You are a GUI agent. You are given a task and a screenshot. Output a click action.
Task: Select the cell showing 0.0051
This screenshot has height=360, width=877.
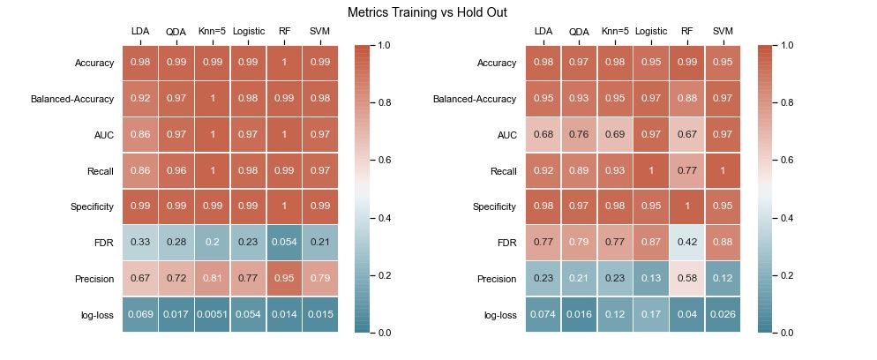tap(212, 315)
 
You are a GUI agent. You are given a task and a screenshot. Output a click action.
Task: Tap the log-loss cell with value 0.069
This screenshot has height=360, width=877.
tap(140, 315)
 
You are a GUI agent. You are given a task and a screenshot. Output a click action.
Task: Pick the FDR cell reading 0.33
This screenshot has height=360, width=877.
tap(140, 243)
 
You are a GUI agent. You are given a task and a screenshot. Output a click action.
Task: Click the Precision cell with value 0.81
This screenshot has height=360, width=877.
tap(212, 279)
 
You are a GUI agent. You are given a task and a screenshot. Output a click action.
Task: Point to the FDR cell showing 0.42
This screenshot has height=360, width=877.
tap(686, 243)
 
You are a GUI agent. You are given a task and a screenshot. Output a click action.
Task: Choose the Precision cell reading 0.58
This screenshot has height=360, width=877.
tap(686, 279)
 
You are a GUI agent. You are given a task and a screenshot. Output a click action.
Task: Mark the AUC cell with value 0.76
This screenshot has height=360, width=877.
tap(579, 135)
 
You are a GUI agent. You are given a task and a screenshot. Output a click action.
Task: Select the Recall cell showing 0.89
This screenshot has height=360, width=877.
tap(579, 171)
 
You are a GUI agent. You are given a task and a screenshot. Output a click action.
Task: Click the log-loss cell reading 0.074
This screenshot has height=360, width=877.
tap(543, 315)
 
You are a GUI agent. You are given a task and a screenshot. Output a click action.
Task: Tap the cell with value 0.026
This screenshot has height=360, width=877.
tap(723, 315)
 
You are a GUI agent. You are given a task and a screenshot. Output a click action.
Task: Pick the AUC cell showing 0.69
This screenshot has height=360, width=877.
tap(615, 135)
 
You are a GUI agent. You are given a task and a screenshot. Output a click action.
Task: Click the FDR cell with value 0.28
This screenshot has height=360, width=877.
tap(176, 243)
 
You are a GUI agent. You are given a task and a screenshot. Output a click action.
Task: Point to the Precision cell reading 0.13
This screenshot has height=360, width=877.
tap(651, 279)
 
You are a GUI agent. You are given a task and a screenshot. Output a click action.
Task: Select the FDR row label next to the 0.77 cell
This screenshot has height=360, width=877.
tap(506, 243)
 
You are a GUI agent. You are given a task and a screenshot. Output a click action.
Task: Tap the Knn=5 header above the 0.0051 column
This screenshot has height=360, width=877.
tap(212, 31)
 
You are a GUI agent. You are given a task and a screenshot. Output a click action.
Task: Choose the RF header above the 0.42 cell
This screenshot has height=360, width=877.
tap(686, 31)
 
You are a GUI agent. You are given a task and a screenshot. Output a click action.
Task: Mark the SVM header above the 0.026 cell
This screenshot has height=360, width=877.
tap(723, 31)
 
